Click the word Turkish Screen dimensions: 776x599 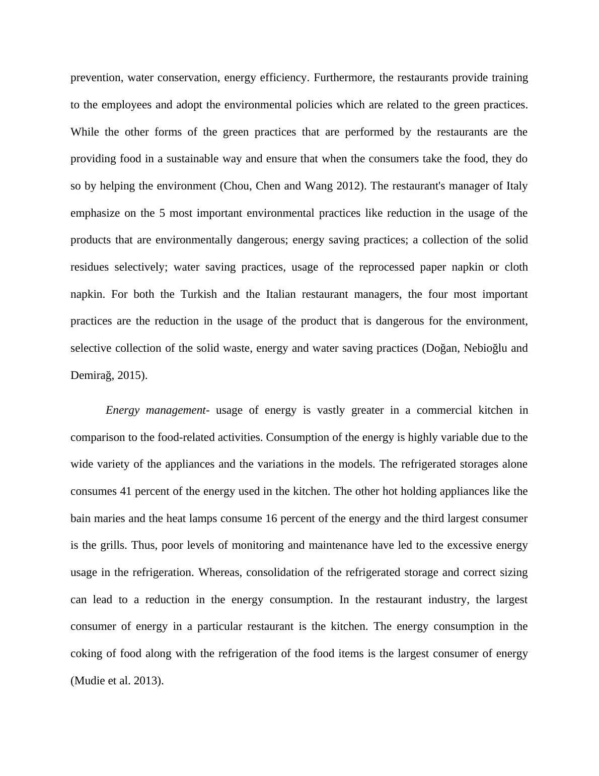click(x=199, y=294)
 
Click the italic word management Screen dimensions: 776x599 click(x=176, y=410)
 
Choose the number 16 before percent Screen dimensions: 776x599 click(x=271, y=519)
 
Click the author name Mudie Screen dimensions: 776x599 click(x=89, y=681)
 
